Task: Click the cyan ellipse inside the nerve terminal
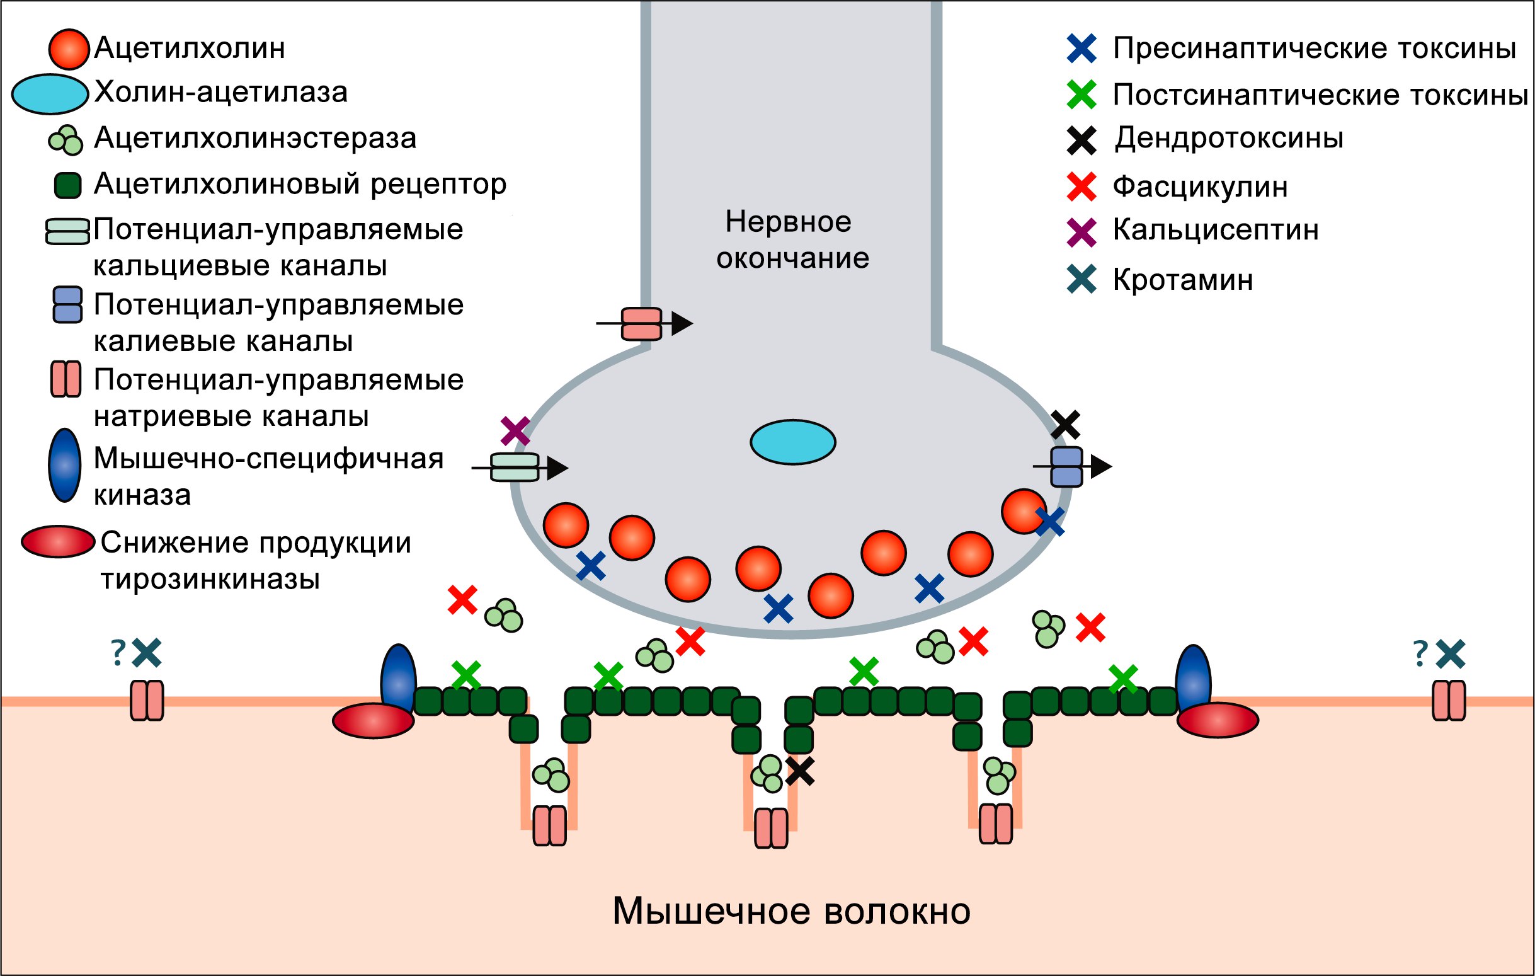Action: pyautogui.click(x=792, y=442)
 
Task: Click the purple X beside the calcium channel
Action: pyautogui.click(x=515, y=431)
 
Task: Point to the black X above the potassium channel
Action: pyautogui.click(x=1065, y=425)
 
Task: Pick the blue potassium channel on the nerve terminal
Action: pyautogui.click(x=1066, y=467)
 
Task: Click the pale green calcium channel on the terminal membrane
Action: pyautogui.click(x=515, y=468)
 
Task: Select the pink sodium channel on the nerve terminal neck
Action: pyautogui.click(x=641, y=324)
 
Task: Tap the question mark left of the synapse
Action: pyautogui.click(x=118, y=653)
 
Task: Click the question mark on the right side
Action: pyautogui.click(x=1420, y=654)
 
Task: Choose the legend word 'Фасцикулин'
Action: pyautogui.click(x=1200, y=187)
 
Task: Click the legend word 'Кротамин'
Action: pyautogui.click(x=1182, y=280)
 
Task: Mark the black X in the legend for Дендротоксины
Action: pyautogui.click(x=1081, y=141)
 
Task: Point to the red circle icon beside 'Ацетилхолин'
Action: pyautogui.click(x=68, y=49)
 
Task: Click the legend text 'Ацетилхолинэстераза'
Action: pyautogui.click(x=255, y=139)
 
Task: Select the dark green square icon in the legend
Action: pyautogui.click(x=67, y=185)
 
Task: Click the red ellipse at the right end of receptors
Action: pyautogui.click(x=1217, y=720)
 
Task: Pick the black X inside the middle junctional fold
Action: pyautogui.click(x=799, y=771)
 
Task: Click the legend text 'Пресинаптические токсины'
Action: pyautogui.click(x=1314, y=49)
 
